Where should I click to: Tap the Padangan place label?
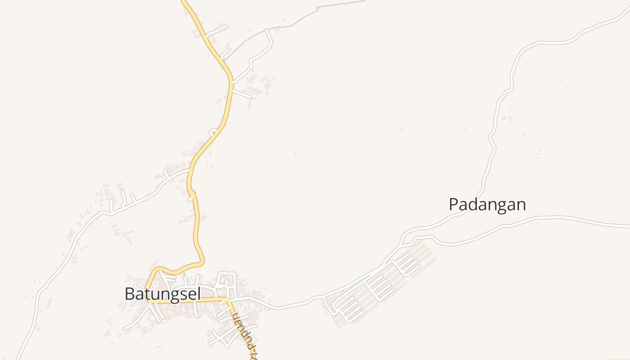click(487, 204)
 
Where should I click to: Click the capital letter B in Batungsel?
click(130, 294)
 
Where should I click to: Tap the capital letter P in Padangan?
click(454, 204)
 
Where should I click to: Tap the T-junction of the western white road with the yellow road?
click(189, 170)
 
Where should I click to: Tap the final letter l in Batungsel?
click(198, 294)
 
